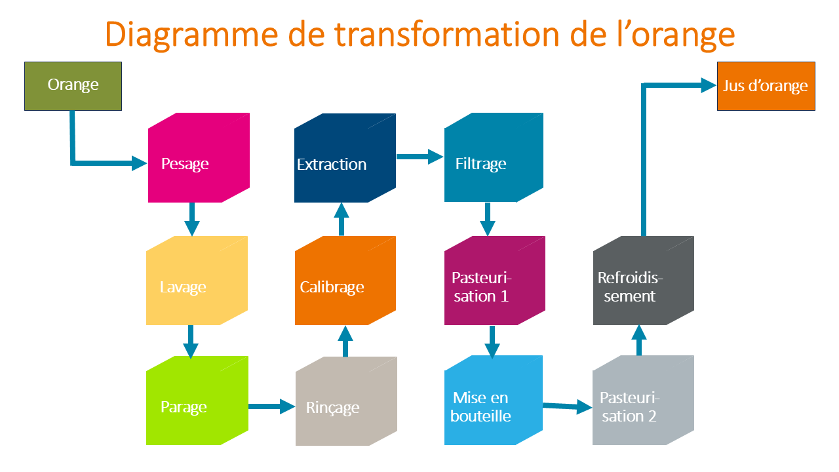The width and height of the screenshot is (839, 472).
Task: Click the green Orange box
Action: pyautogui.click(x=73, y=86)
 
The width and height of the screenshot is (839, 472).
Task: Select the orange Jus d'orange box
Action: pyautogui.click(x=766, y=86)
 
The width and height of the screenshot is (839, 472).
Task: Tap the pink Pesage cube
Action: pyautogui.click(x=199, y=158)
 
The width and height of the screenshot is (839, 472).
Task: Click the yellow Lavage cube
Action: pyautogui.click(x=197, y=281)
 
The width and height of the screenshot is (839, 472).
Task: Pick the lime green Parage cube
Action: pyautogui.click(x=197, y=401)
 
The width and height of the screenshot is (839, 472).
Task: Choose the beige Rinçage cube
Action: pyautogui.click(x=346, y=401)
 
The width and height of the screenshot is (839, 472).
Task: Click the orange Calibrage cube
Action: pyautogui.click(x=345, y=281)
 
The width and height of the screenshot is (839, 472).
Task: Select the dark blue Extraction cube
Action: pyautogui.click(x=345, y=158)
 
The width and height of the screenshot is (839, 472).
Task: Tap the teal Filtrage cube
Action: pyautogui.click(x=494, y=157)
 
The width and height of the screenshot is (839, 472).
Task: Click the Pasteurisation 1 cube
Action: pyautogui.click(x=494, y=281)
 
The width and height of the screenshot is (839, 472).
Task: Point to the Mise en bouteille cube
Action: pyautogui.click(x=494, y=400)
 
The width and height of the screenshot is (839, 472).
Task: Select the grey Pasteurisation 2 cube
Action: pyautogui.click(x=643, y=400)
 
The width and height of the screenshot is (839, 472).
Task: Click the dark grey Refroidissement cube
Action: pyautogui.click(x=644, y=281)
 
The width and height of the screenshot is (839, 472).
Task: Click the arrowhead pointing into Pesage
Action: pyautogui.click(x=140, y=163)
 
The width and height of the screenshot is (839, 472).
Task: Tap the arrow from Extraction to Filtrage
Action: pyautogui.click(x=420, y=157)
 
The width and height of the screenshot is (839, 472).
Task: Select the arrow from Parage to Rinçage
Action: pyautogui.click(x=272, y=406)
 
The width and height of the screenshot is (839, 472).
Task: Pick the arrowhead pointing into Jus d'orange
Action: pyautogui.click(x=709, y=85)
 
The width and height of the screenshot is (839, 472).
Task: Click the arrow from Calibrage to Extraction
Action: pyautogui.click(x=341, y=219)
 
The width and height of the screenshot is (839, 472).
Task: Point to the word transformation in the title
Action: pyautogui.click(x=447, y=35)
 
